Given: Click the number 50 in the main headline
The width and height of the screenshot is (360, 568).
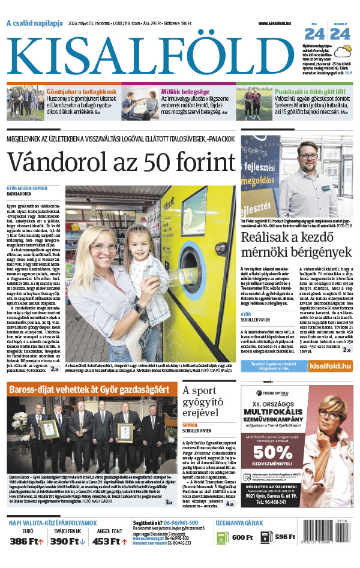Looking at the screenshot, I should pyautogui.click(x=172, y=162).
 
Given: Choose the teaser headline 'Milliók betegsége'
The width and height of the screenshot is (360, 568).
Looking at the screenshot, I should pyautogui.click(x=185, y=92).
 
